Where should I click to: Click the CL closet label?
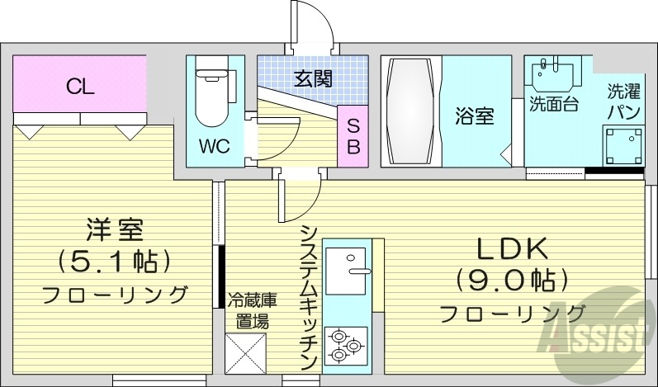pos(80,86)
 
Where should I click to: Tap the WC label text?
pos(214,147)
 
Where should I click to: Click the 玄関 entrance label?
pos(313,79)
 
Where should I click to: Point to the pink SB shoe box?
pos(353,137)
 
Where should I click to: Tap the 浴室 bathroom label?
pos(474,116)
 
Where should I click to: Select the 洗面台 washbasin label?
pos(553,104)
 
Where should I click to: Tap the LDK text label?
pos(511,248)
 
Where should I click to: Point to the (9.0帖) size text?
pos(511,279)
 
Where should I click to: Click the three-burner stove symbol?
pos(345,346)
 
